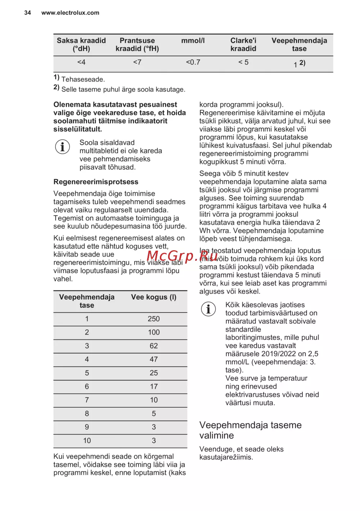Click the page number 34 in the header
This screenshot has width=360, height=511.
(x=27, y=13)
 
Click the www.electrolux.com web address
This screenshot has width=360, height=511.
(x=70, y=13)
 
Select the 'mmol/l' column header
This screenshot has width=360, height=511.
(x=193, y=41)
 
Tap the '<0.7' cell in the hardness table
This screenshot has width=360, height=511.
(x=193, y=62)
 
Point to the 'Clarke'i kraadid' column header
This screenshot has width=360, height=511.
(x=243, y=45)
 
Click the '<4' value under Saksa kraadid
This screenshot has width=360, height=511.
(x=81, y=62)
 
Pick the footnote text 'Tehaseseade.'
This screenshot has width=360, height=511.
(x=83, y=79)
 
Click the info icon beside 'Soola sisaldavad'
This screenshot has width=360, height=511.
(x=62, y=147)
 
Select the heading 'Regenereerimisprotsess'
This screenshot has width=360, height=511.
(x=96, y=182)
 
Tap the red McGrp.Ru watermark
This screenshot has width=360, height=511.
(x=182, y=256)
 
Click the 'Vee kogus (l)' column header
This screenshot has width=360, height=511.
(x=154, y=297)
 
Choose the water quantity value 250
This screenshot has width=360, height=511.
(x=154, y=319)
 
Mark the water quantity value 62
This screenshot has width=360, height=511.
(x=154, y=346)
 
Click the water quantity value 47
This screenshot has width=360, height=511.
(x=154, y=359)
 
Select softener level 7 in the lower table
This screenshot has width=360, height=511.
(x=87, y=400)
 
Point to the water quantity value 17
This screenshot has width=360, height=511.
(x=154, y=387)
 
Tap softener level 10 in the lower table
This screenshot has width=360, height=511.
(x=87, y=441)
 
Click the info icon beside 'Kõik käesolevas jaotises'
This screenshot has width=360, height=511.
(x=208, y=309)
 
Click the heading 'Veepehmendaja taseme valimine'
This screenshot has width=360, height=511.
(x=251, y=430)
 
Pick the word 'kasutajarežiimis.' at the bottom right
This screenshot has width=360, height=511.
(x=226, y=457)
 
